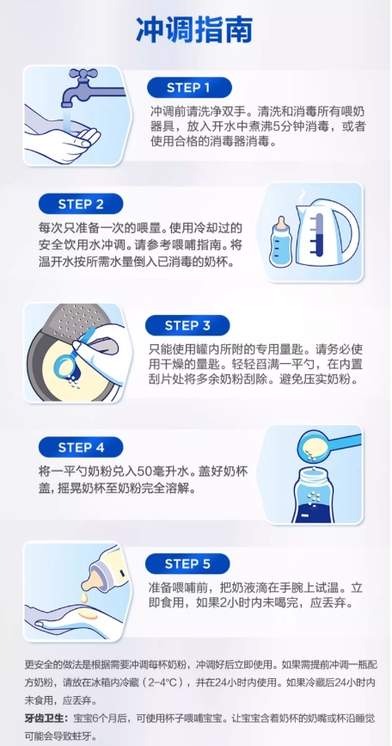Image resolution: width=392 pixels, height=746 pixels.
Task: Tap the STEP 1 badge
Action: pos(188,88)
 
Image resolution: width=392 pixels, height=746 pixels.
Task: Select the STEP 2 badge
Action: pos(81,204)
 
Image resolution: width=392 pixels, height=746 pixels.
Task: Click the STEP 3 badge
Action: pos(187,325)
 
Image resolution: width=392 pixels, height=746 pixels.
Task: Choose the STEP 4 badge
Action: pos(81,447)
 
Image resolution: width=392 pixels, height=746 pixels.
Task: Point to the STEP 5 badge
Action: pos(187,564)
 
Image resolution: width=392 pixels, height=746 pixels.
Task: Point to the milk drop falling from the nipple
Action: pos(84,596)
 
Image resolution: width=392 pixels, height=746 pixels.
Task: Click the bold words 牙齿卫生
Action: pos(44,718)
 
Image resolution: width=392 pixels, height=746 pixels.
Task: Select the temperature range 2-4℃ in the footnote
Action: pos(163,682)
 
